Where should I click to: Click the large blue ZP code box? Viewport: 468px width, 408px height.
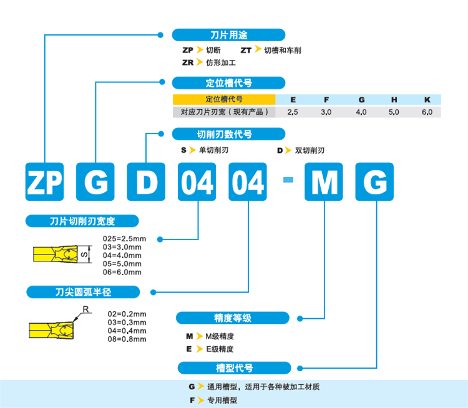44,182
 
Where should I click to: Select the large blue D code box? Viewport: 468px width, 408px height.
146,182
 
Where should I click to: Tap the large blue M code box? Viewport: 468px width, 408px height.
324,182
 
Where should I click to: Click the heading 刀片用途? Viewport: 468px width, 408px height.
228,35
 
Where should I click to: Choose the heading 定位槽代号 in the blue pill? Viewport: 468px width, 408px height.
228,83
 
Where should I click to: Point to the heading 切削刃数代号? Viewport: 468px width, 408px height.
228,134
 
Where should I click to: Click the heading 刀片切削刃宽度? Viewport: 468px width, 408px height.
82,221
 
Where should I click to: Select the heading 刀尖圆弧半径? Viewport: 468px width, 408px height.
82,292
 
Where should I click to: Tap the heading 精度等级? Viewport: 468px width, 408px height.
233,318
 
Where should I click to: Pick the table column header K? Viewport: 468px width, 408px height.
427,99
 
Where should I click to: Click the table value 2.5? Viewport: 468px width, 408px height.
293,112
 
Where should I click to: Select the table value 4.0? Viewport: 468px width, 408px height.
361,112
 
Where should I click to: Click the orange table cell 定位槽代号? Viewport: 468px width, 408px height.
224,99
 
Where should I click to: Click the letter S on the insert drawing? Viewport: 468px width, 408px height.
84,254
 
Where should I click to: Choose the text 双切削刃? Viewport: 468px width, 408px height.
310,150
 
